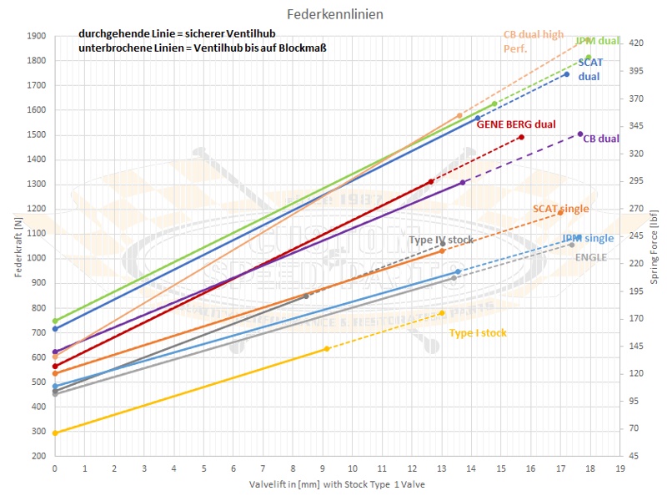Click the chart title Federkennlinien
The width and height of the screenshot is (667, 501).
point(334,15)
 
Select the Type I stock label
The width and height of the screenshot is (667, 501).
point(478,332)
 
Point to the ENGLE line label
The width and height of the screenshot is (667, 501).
point(590,257)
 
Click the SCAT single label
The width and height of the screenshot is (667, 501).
point(560,209)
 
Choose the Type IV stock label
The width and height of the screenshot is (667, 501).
point(440,240)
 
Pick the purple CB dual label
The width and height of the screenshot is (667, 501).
point(600,139)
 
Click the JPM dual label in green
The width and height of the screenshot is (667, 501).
point(597,41)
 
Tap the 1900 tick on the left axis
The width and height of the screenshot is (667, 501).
point(36,36)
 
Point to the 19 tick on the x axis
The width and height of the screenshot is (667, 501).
point(619,469)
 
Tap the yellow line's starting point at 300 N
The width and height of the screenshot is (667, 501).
point(55,433)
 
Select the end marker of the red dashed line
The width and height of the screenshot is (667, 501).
point(521,137)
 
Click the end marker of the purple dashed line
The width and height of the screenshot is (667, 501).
point(580,134)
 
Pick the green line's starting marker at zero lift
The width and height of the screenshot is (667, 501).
point(55,321)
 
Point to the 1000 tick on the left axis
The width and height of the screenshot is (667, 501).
point(36,259)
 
